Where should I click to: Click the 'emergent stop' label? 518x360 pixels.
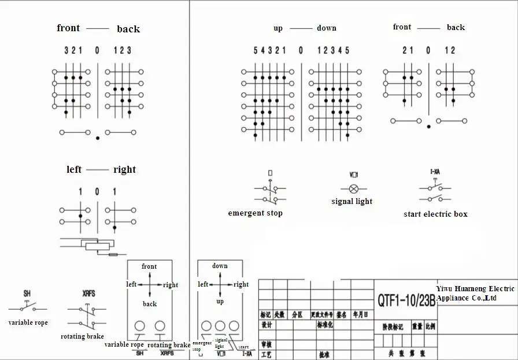tap(255, 213)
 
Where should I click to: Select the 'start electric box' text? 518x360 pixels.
tap(435, 214)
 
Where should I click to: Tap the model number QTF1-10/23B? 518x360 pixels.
tap(406, 300)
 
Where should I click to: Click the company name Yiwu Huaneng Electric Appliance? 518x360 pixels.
tap(475, 293)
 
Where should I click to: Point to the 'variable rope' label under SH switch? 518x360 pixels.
tap(28, 322)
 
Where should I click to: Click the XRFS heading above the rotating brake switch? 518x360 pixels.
tap(89, 294)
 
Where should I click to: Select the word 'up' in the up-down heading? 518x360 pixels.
tap(278, 28)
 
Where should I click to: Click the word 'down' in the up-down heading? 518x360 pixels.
tap(326, 28)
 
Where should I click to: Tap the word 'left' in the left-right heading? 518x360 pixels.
tap(74, 169)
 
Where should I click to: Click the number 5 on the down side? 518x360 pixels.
tap(347, 50)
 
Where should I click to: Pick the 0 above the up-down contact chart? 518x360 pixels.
tap(301, 50)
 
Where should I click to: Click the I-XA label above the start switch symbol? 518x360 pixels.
tap(435, 172)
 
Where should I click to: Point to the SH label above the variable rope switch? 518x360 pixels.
tap(27, 294)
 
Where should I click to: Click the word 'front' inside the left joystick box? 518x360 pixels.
tap(149, 266)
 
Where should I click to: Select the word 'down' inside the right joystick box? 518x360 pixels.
tap(220, 266)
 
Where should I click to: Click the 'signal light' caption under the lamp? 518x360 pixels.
tap(352, 202)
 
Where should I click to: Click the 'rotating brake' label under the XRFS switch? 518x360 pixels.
tap(82, 336)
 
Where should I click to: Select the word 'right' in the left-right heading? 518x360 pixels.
tap(124, 169)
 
